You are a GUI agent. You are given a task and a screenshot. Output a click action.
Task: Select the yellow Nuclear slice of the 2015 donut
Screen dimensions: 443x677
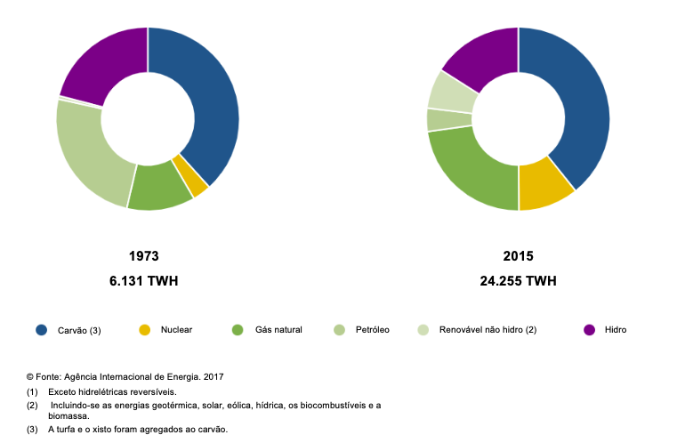click(544, 186)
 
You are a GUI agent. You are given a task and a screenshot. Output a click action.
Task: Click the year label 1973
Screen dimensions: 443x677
click(143, 256)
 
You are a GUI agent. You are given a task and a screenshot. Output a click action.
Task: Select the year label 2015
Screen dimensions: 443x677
click(517, 256)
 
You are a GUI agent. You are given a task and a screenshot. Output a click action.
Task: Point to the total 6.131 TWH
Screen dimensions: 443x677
click(143, 281)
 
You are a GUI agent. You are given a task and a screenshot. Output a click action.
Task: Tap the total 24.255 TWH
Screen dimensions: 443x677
click(517, 281)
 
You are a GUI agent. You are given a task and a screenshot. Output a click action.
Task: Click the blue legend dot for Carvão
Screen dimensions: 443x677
click(41, 330)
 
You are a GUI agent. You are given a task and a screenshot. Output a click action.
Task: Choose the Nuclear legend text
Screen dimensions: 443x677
click(176, 330)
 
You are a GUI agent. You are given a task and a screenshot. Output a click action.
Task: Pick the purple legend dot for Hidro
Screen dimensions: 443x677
click(589, 330)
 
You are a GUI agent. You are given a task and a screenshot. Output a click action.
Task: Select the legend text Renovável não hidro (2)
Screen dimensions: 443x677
click(488, 330)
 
